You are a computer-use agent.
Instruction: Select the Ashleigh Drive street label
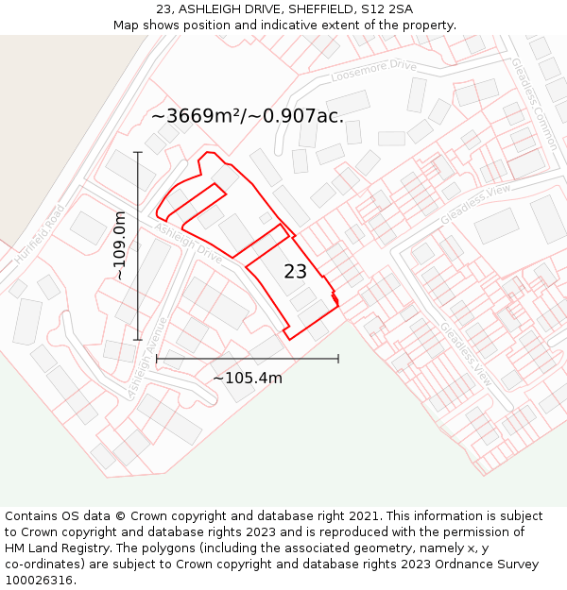tap(187, 242)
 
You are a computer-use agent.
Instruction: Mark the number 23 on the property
tap(295, 272)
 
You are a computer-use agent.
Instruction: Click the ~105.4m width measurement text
tap(248, 379)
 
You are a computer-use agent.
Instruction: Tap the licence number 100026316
tap(41, 581)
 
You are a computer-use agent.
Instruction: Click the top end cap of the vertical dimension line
tap(138, 152)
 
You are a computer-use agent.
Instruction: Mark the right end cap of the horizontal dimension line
tap(338, 359)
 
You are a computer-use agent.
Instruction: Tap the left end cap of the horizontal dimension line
tap(157, 359)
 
